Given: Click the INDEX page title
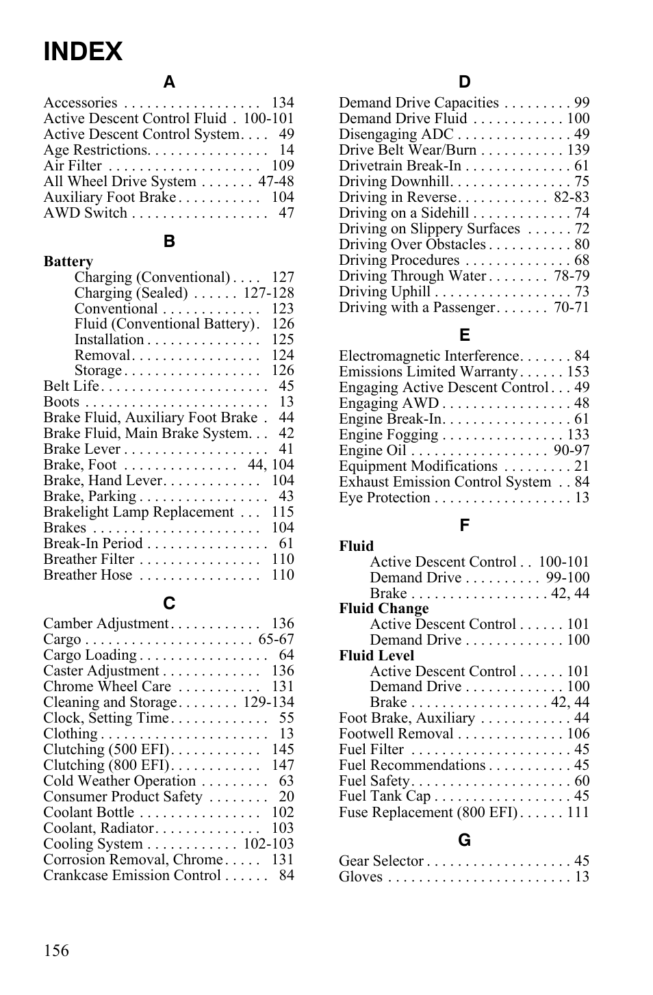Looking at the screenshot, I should point(83,52).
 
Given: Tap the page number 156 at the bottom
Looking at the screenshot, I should point(56,950).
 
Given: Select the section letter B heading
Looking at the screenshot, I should point(169,241).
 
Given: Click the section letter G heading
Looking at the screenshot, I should point(465,840).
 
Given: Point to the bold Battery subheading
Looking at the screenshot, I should point(68,261).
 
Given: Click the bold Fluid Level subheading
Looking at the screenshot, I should point(376,656).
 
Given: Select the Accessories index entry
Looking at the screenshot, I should point(80,103).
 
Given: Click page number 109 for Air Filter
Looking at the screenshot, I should point(282,166).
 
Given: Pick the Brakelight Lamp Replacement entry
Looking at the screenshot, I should point(138,512).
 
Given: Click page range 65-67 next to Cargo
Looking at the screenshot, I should point(276,639).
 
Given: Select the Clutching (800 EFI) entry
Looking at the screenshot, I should point(106,765).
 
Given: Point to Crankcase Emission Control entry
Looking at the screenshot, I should point(131,875).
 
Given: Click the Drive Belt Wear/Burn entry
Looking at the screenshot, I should point(407,150).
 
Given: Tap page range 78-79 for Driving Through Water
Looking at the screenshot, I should point(572,276).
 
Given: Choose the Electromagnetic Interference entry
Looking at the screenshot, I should point(428,356).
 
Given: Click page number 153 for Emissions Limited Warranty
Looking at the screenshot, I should point(578,372).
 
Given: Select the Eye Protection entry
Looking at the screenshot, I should point(384,497).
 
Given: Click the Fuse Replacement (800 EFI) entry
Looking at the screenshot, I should point(428,812).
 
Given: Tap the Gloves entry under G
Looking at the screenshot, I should point(360,877).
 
